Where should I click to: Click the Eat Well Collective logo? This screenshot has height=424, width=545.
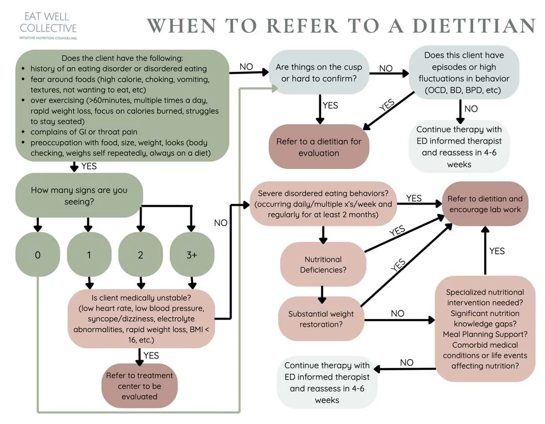51,25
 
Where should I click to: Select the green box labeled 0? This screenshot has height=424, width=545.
38,255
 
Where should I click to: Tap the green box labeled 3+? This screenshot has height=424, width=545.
192,255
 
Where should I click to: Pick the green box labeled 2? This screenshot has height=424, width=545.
140,255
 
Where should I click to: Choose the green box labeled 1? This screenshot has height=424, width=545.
89,255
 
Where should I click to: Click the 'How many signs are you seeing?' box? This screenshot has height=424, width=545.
79,195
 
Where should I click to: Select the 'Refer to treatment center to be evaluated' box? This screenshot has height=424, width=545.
139,386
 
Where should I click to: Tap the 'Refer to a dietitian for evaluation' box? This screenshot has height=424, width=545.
318,147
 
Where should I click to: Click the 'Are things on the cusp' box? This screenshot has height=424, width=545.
318,73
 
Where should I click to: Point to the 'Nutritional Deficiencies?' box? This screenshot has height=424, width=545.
323,264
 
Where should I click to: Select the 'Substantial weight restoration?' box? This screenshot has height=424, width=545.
321,319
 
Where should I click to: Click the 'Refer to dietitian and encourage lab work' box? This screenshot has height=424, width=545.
485,204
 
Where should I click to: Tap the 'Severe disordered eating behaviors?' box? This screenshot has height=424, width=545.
323,204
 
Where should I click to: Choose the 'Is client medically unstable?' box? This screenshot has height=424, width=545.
141,318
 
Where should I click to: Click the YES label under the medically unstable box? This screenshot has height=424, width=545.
151,355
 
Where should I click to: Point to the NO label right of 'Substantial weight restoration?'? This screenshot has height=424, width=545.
397,314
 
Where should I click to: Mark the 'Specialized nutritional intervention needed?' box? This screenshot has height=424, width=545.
485,329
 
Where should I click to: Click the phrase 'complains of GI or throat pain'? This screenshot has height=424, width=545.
84,132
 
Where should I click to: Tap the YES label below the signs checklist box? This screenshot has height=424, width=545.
89,166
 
